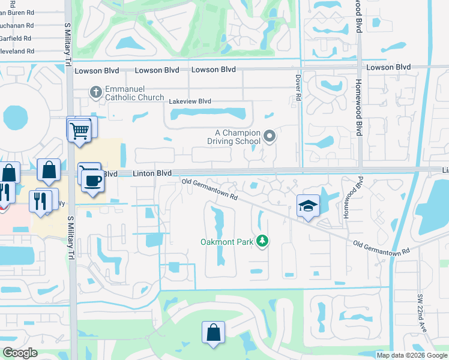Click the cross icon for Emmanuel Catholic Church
click(95, 92)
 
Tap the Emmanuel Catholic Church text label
click(134, 93)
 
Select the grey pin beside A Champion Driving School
click(270, 137)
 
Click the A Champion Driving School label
click(238, 137)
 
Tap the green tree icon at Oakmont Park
click(261, 241)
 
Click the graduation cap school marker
click(308, 206)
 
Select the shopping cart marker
click(79, 129)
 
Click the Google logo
click(20, 353)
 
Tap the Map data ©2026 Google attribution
click(412, 355)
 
